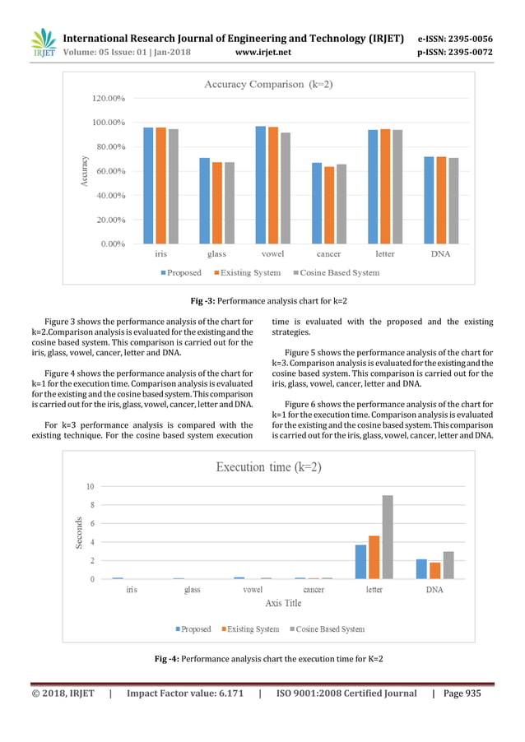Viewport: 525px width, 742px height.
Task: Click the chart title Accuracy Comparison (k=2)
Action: coord(268,84)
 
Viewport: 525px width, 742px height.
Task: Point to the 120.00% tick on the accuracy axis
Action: coord(108,98)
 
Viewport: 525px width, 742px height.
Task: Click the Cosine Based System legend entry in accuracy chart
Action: coord(335,272)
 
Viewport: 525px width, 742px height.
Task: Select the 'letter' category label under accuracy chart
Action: coord(384,253)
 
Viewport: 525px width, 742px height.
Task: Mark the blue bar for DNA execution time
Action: coord(421,569)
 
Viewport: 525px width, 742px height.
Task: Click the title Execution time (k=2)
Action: coord(268,466)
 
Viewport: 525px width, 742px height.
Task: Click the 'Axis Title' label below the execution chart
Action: coord(283,603)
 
